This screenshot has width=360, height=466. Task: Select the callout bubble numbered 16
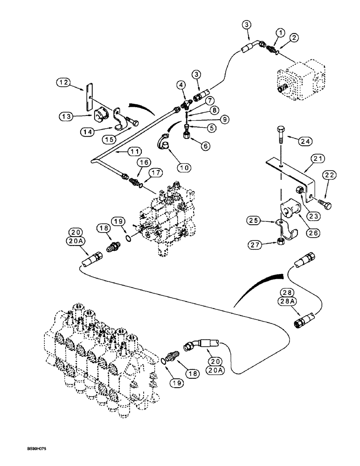click(144, 162)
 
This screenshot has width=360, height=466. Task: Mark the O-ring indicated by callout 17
click(140, 188)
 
